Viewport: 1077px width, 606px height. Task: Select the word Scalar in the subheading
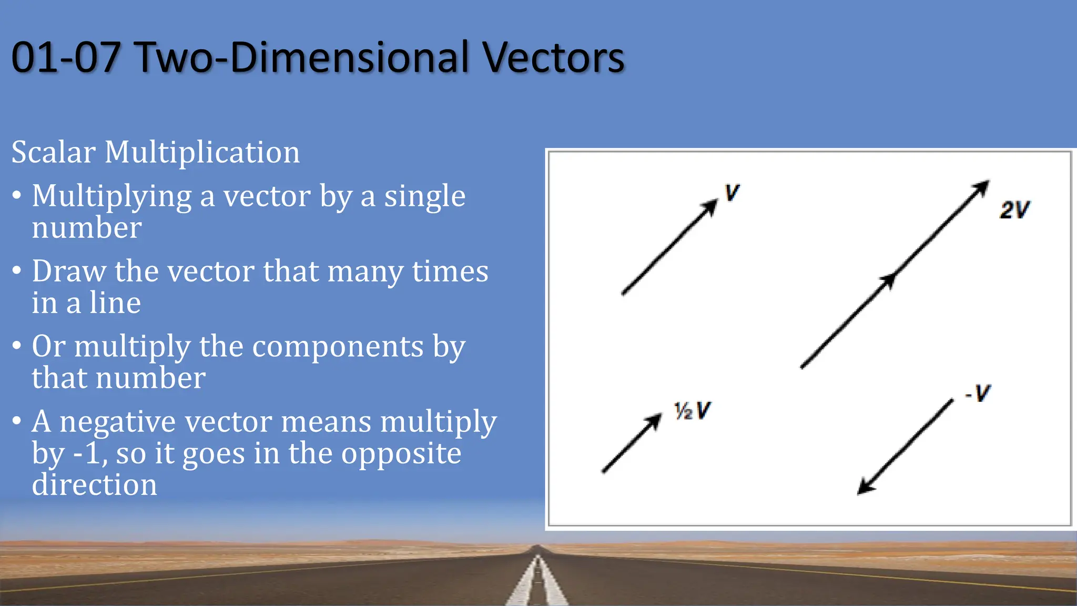[x=53, y=152]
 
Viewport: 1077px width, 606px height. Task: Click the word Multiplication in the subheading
[x=202, y=153]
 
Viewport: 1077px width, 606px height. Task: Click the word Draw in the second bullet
[x=69, y=271]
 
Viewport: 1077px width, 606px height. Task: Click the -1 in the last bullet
[x=89, y=453]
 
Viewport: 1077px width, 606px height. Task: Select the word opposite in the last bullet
[x=401, y=454]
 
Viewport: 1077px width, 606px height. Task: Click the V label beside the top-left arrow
[x=731, y=193]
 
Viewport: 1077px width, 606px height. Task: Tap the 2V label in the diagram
[x=1014, y=210]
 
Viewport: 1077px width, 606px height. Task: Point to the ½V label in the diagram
[x=692, y=410]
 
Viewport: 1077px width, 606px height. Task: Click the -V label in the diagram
[x=978, y=393]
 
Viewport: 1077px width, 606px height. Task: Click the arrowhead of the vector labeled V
[x=710, y=206]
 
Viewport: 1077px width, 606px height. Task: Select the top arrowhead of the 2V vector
[x=982, y=187]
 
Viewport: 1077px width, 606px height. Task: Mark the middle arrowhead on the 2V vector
[x=888, y=280]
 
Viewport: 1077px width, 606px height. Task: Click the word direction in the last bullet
[x=95, y=484]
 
